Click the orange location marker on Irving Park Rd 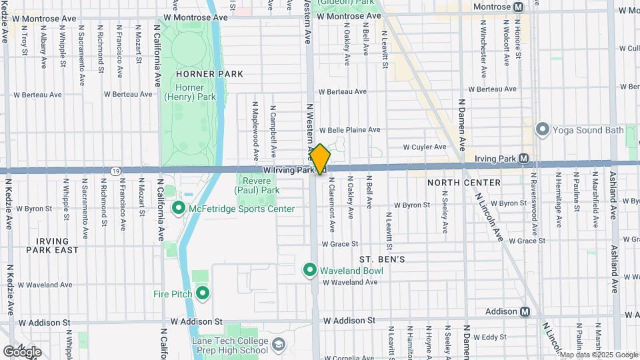tap(320, 159)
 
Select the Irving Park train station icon tap(523, 159)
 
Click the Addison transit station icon tap(525, 311)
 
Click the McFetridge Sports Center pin tap(178, 209)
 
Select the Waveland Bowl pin tap(309, 271)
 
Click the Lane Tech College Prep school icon tap(278, 345)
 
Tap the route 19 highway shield tap(116, 171)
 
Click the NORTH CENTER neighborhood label tap(464, 183)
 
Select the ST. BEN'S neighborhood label tap(382, 259)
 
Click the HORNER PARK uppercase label tap(200, 74)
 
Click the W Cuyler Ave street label tap(425, 147)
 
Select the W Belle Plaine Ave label tap(349, 130)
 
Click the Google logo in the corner tap(22, 351)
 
